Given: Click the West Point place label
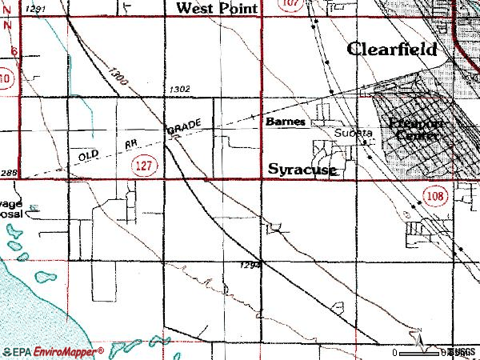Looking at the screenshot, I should coord(218,8).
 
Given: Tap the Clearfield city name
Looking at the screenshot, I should coord(393,49).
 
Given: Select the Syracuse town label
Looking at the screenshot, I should coord(301,170).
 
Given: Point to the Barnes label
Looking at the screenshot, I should coord(286,122).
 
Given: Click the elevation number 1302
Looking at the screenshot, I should coord(180,90).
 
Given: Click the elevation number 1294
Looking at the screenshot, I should coord(250,266).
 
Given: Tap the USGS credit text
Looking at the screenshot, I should coord(462,352).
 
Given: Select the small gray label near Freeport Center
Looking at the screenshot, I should coord(353,132).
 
